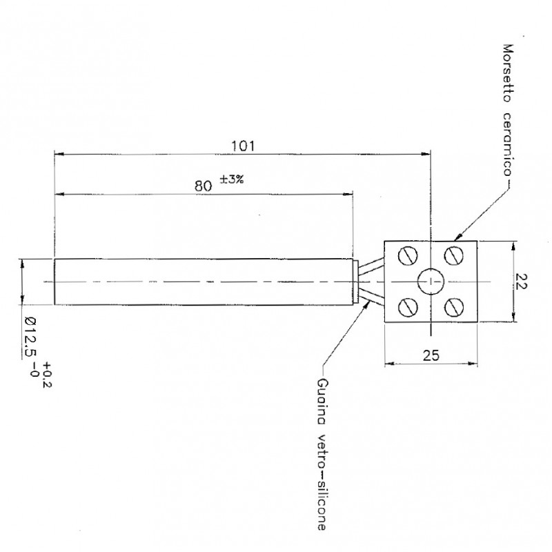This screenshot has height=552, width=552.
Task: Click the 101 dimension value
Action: [x=243, y=146]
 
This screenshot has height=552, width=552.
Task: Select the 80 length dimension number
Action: [x=204, y=186]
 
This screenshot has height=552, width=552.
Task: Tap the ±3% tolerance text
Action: [x=232, y=180]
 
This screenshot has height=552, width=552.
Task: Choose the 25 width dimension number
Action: [x=431, y=355]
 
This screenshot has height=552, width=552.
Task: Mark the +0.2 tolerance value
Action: [x=47, y=375]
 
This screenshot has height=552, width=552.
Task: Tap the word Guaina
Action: [x=322, y=402]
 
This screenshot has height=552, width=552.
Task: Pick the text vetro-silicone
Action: [x=322, y=482]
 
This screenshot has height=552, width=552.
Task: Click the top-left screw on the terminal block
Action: [x=408, y=255]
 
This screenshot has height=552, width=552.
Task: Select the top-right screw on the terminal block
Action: [x=453, y=255]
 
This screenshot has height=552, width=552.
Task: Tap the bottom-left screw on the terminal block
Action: [x=408, y=307]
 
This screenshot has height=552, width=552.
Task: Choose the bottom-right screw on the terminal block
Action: [x=453, y=307]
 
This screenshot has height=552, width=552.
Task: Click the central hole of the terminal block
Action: [x=431, y=282]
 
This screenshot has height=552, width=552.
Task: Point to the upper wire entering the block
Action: [x=371, y=265]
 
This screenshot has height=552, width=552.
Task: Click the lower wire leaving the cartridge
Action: [x=371, y=297]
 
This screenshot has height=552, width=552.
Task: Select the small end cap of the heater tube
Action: [x=355, y=282]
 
